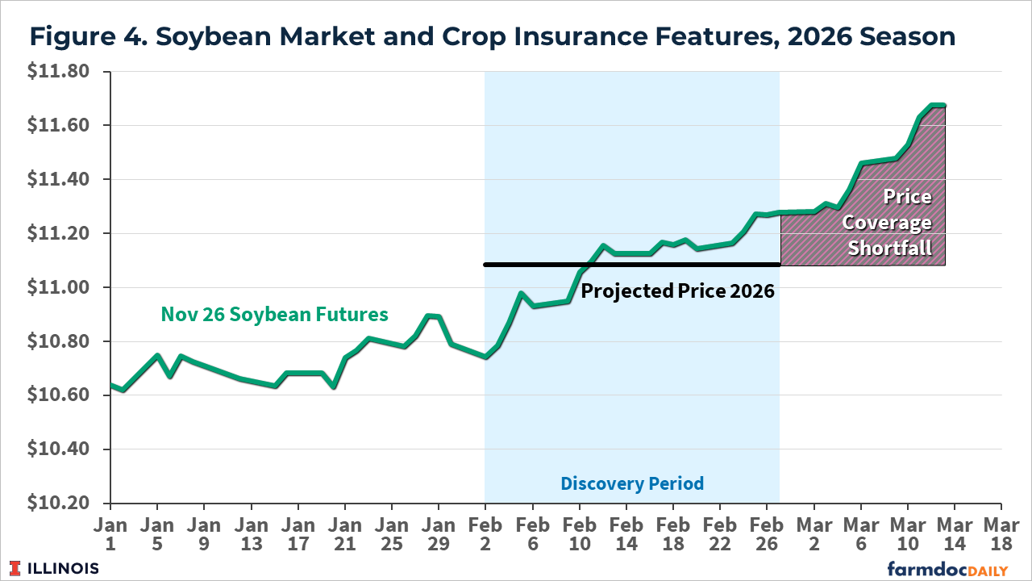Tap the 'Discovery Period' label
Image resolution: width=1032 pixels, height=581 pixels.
click(x=632, y=483)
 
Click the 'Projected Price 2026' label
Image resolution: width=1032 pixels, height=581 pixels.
click(x=677, y=291)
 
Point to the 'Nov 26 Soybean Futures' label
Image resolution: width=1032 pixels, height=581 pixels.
click(x=274, y=314)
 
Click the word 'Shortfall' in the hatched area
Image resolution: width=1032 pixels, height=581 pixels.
click(x=889, y=249)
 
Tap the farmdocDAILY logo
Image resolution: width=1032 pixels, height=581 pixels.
click(x=947, y=569)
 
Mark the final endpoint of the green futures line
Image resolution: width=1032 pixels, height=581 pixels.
click(x=943, y=106)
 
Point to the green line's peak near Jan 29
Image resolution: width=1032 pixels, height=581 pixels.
click(x=431, y=316)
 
